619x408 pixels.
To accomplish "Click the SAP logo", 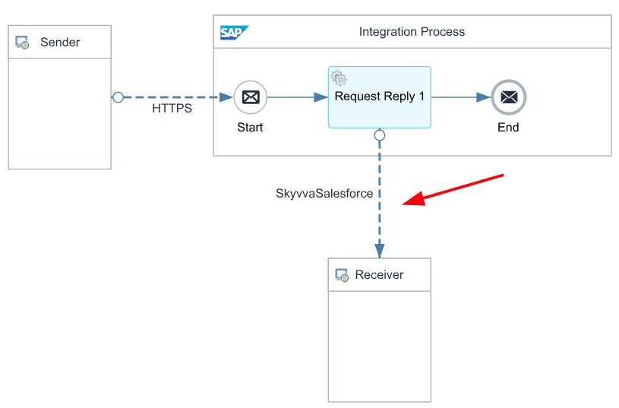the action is click(235, 33).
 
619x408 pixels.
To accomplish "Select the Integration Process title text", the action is click(412, 32).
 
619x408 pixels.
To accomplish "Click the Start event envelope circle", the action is click(251, 97).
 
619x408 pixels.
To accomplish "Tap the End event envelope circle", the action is click(508, 97).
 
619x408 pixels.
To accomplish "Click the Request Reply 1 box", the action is click(379, 97).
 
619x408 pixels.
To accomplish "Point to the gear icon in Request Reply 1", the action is click(339, 77).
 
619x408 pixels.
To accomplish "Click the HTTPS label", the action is click(172, 108).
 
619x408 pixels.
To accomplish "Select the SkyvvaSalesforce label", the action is click(324, 193).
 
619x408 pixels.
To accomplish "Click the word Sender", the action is click(60, 43).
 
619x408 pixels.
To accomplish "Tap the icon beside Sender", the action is click(22, 43).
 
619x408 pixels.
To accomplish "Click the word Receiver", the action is click(379, 274).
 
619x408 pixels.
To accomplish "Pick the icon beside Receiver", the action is click(342, 275).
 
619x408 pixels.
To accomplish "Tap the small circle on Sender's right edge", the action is click(118, 97).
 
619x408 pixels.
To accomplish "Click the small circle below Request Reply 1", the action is click(379, 135).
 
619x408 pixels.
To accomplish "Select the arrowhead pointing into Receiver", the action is click(379, 251).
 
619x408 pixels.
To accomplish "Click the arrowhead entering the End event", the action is click(484, 97).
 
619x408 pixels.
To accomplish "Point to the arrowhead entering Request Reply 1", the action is click(321, 97).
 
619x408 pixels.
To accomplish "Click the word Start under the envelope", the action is click(250, 127).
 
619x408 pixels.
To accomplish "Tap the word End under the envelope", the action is click(508, 127).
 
